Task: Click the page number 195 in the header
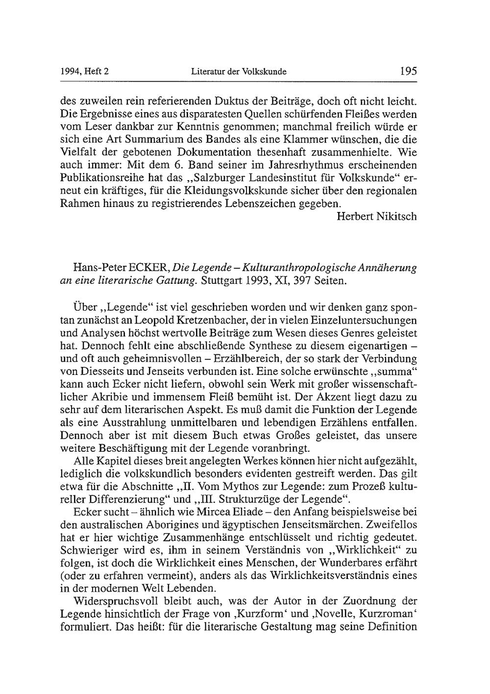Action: point(408,71)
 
